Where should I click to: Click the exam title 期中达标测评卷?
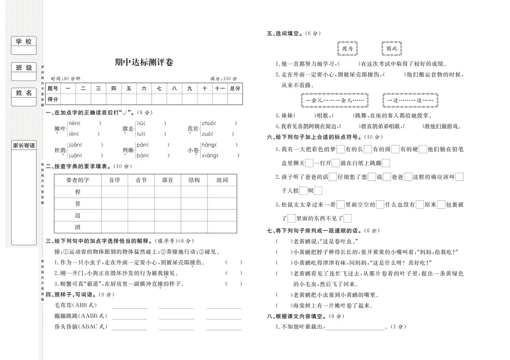click(x=144, y=62)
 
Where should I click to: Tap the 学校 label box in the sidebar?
click(x=24, y=42)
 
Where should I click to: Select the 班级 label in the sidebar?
click(x=24, y=68)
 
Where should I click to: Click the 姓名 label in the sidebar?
click(x=24, y=93)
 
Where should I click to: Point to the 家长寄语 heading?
click(x=24, y=145)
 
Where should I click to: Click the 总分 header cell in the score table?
click(x=235, y=88)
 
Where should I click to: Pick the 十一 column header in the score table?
click(x=219, y=88)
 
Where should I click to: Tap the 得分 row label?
click(x=53, y=99)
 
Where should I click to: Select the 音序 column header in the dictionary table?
click(x=114, y=180)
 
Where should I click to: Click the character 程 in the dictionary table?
click(x=78, y=192)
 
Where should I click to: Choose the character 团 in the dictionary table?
click(x=78, y=227)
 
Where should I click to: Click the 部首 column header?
click(x=168, y=180)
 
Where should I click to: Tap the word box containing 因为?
click(x=347, y=49)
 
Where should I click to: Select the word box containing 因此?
click(x=392, y=49)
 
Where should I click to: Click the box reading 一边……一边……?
click(x=410, y=100)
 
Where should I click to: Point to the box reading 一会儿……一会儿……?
click(x=334, y=100)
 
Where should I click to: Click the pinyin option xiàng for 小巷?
click(x=209, y=156)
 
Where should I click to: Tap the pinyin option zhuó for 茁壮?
click(x=208, y=123)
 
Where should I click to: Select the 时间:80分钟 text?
click(x=65, y=78)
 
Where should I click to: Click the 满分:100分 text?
click(x=223, y=78)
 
